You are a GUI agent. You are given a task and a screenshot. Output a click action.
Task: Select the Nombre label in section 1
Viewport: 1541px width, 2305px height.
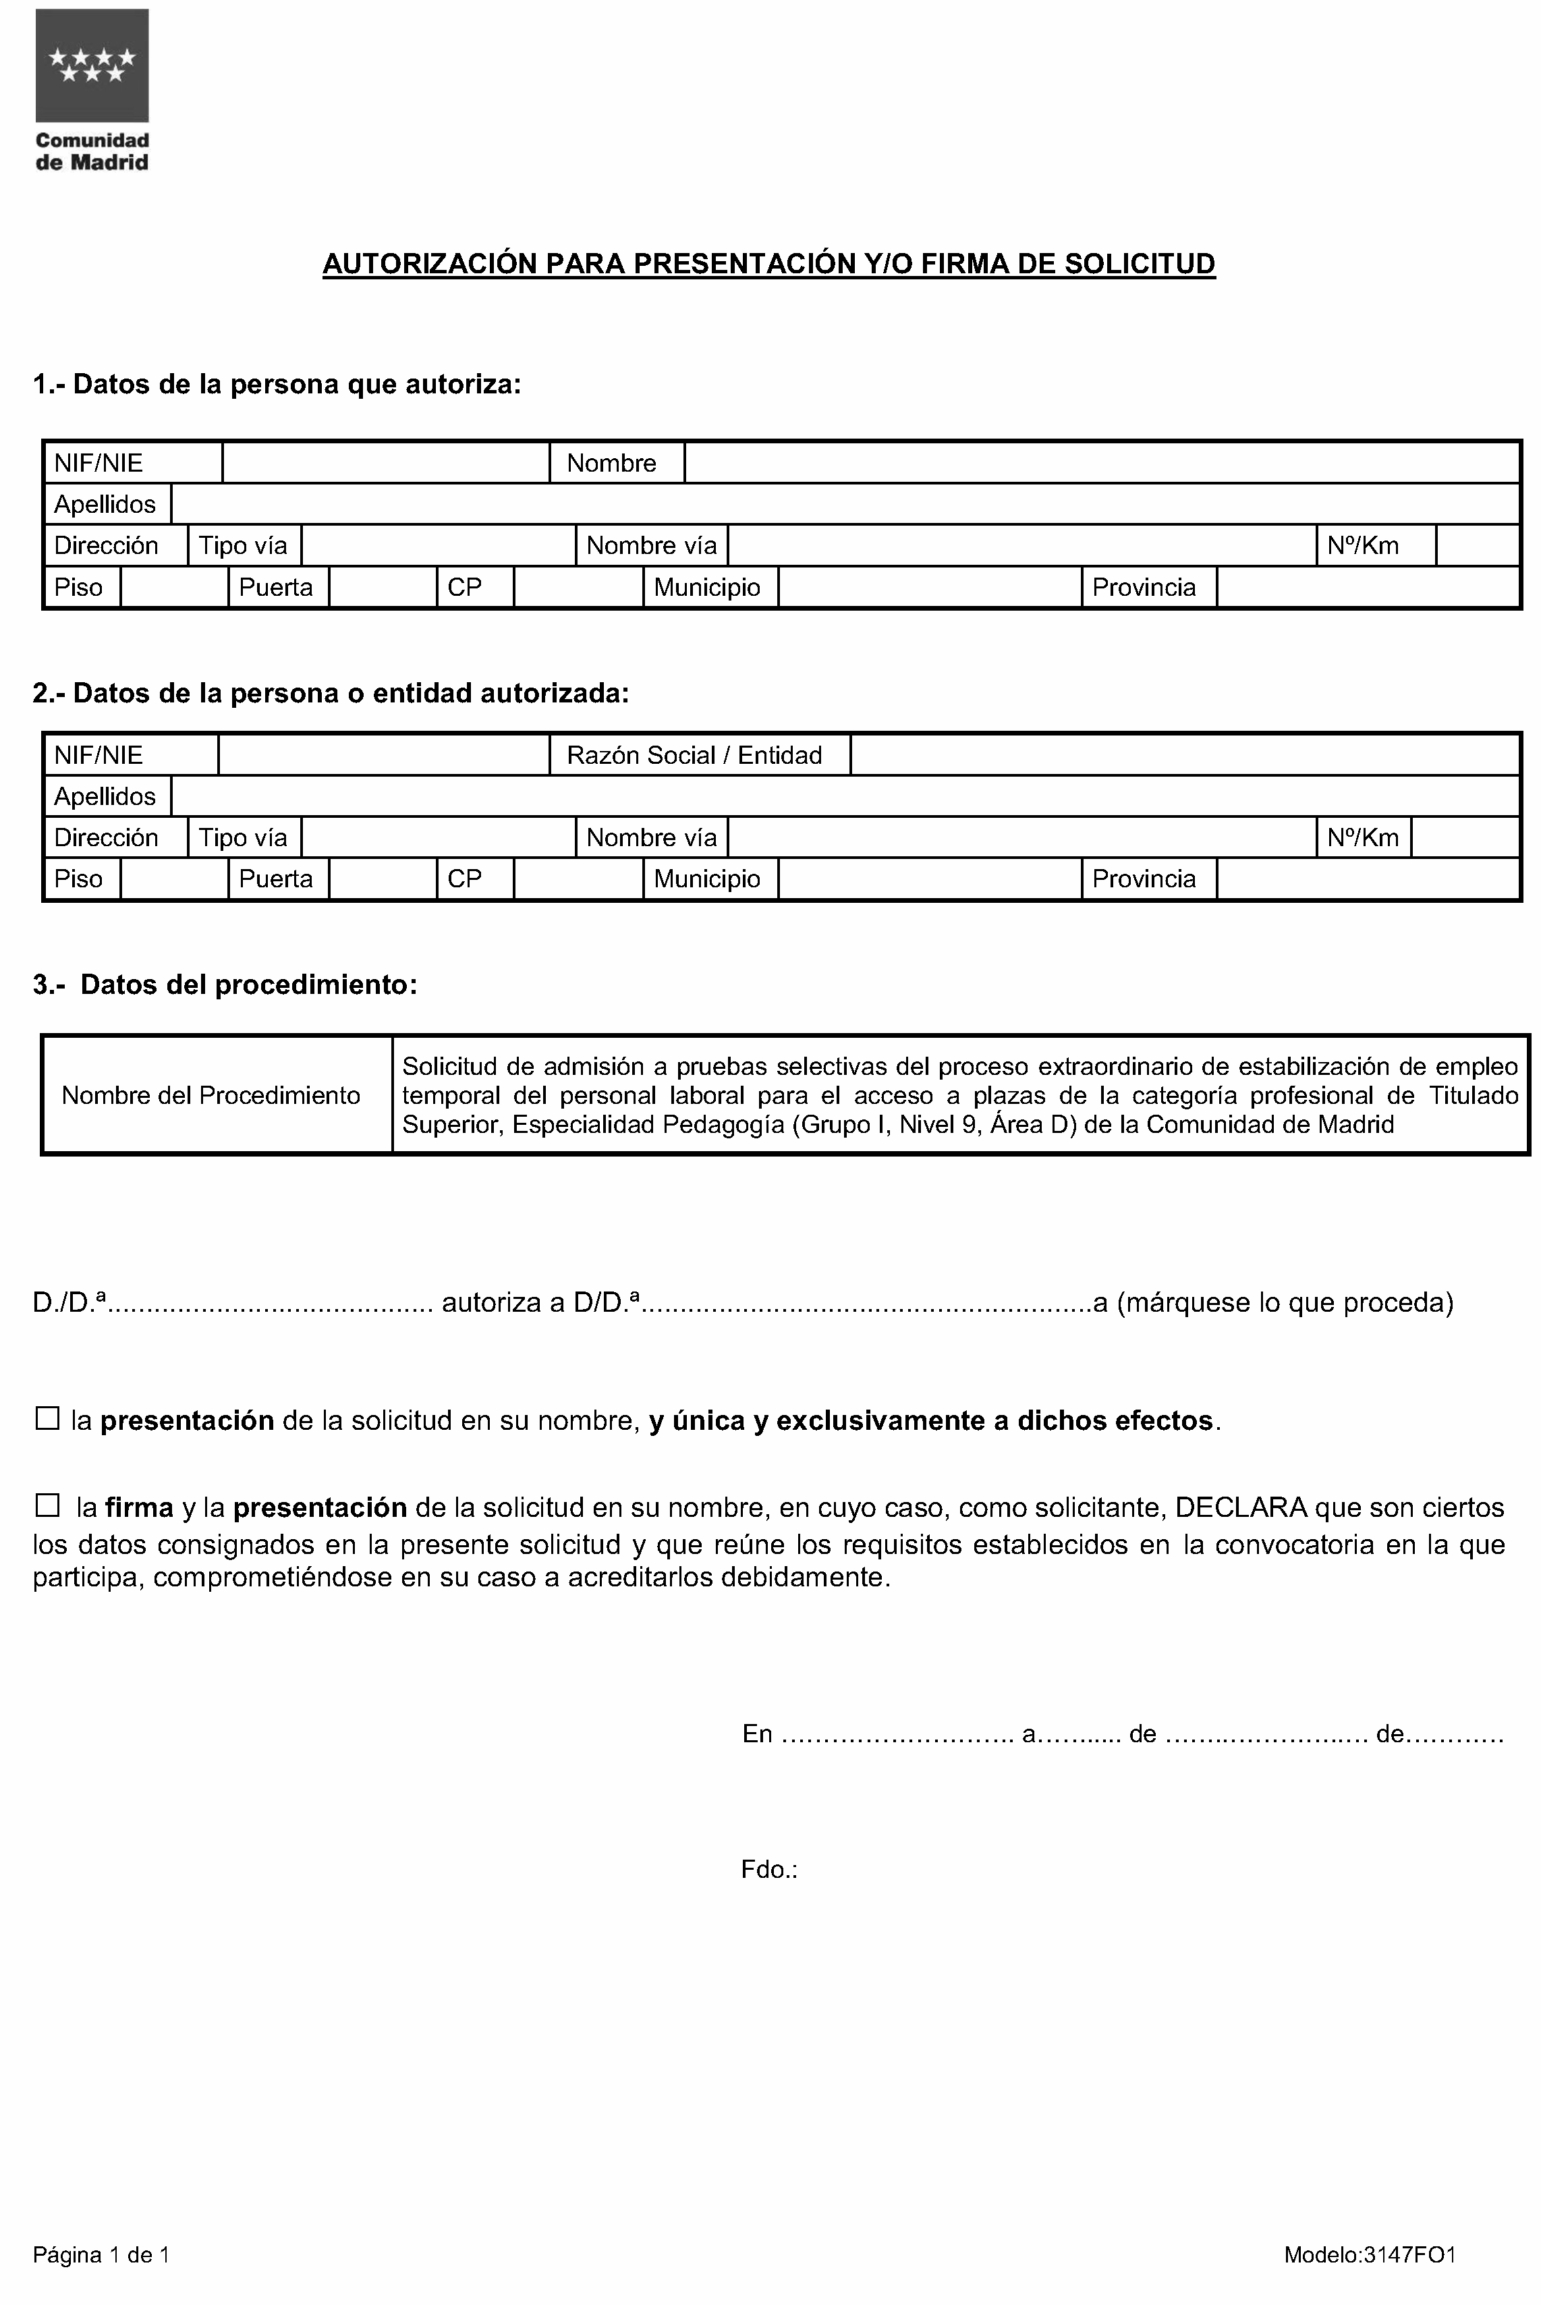[611, 463]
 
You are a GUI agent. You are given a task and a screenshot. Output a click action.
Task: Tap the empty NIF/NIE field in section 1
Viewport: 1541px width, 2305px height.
[385, 463]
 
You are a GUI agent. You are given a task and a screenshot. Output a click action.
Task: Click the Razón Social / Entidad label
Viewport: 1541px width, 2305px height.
[694, 755]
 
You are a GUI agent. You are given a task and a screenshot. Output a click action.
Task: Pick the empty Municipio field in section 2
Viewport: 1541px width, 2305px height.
[929, 879]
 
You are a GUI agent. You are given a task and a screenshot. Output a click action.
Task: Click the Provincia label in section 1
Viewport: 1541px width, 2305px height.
[1144, 587]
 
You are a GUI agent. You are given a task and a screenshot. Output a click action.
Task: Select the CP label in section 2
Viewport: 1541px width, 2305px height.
[464, 879]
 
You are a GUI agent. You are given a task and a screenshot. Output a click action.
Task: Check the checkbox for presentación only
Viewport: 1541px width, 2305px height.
[47, 1418]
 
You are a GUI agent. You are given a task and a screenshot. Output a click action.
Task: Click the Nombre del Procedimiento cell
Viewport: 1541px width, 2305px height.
[211, 1095]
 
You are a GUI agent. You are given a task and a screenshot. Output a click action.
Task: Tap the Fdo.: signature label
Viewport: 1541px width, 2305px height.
[768, 1870]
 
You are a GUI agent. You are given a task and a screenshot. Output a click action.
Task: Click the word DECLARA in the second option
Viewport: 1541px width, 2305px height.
[1240, 1507]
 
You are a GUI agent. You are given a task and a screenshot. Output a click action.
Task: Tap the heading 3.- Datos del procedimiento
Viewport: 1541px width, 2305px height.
[225, 985]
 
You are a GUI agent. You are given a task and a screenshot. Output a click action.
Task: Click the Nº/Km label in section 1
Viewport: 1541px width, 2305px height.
[1362, 545]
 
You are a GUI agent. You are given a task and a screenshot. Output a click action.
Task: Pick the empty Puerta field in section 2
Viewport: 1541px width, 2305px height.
[383, 879]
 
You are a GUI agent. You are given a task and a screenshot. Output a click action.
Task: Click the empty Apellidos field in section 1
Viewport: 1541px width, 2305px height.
[845, 504]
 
